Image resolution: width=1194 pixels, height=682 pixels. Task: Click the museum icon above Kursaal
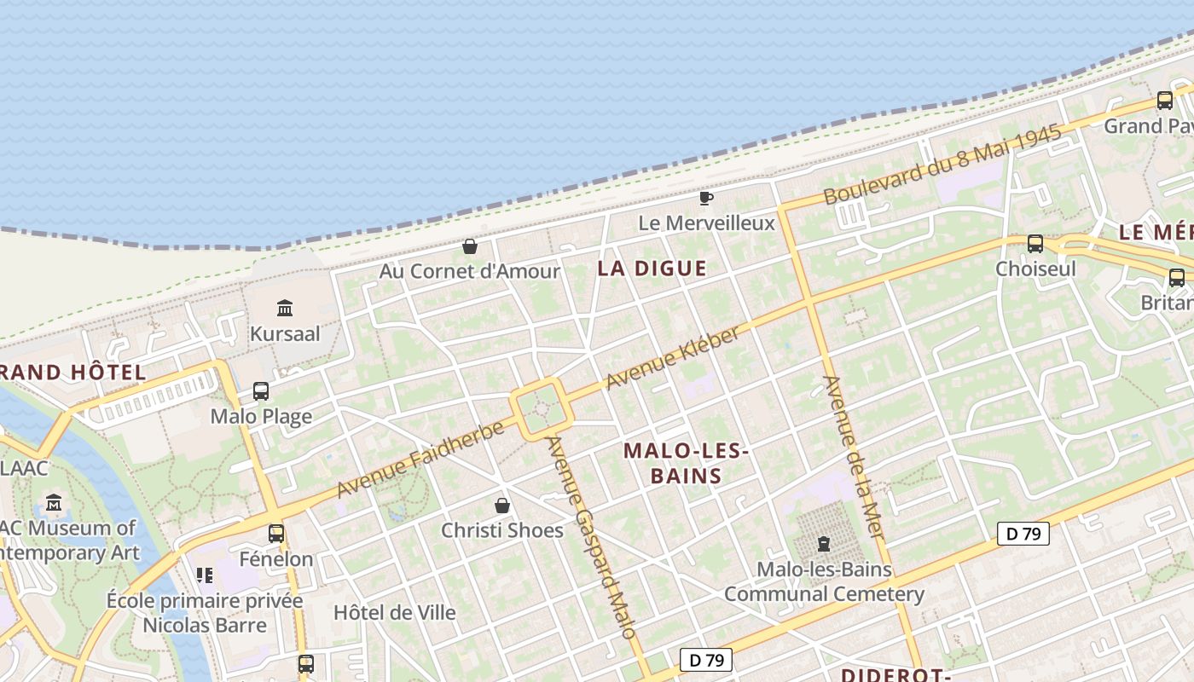coord(285,308)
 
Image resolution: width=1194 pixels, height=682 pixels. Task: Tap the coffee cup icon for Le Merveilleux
coord(705,198)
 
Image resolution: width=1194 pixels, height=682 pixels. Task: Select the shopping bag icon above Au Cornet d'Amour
coord(469,246)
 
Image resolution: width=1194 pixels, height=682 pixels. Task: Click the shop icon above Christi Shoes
coord(502,506)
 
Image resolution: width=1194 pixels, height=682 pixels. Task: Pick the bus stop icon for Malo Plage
coord(261,391)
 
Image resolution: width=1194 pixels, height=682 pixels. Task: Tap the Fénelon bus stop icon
coord(276,534)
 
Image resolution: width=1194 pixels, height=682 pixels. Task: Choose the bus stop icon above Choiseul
coord(1035,244)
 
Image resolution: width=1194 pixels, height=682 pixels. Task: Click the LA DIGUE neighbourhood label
coord(652,269)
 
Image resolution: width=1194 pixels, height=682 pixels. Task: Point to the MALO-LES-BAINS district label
coord(686,463)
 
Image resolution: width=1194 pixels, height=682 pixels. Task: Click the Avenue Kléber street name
coord(673,359)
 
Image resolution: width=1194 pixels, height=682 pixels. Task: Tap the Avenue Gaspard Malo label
coord(592,537)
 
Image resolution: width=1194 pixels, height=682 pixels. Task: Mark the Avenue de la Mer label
coord(853,456)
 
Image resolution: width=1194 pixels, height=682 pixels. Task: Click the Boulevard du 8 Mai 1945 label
coord(942,165)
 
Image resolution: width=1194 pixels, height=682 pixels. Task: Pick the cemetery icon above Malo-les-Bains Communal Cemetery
coord(824,543)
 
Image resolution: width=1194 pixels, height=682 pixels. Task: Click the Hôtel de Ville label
coord(394,612)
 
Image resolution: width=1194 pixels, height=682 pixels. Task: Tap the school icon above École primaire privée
coord(205,575)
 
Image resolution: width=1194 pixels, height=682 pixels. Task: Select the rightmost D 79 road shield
coord(1023,535)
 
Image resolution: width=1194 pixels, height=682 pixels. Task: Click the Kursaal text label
coord(285,333)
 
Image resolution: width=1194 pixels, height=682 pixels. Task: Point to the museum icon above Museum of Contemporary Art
coord(55,503)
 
